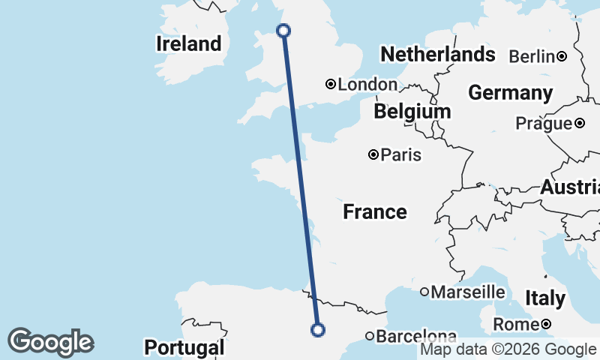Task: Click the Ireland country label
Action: (189, 44)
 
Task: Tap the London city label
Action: (367, 85)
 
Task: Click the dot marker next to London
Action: (330, 84)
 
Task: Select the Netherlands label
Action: (438, 54)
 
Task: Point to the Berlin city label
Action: (532, 56)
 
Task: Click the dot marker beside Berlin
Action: (561, 56)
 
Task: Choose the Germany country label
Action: (510, 93)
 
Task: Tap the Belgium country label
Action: (412, 112)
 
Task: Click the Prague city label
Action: (544, 124)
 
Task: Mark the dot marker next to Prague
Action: (579, 123)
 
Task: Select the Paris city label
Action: (401, 155)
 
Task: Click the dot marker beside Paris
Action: (373, 154)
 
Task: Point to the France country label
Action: (375, 212)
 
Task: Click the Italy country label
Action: (545, 298)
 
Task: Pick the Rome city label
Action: (517, 325)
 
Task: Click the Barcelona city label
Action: (416, 337)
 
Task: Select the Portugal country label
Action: (184, 348)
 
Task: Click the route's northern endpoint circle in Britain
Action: (283, 31)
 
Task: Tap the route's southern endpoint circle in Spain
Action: (318, 329)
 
